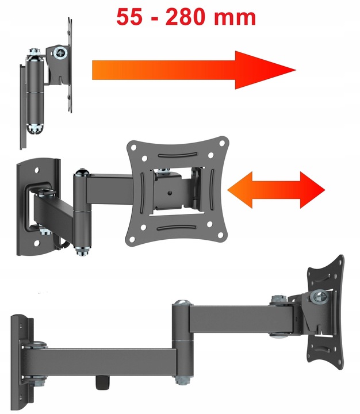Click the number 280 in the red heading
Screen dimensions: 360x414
click(185, 17)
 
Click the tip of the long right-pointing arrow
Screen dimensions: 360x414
click(296, 70)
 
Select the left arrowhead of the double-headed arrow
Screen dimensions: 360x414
click(240, 190)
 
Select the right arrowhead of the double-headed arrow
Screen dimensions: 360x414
click(312, 190)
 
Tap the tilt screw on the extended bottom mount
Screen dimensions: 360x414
click(320, 298)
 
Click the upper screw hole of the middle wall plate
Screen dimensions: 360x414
click(37, 170)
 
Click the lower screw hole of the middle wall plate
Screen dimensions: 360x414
click(37, 243)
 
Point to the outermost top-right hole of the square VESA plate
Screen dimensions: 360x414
click(223, 143)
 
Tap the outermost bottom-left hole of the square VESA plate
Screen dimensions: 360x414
click(132, 239)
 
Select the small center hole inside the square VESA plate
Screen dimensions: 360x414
click(170, 193)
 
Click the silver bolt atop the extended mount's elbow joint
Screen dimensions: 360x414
click(182, 303)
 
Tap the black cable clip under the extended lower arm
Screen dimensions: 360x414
click(102, 382)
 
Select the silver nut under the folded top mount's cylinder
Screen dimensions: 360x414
click(35, 129)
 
